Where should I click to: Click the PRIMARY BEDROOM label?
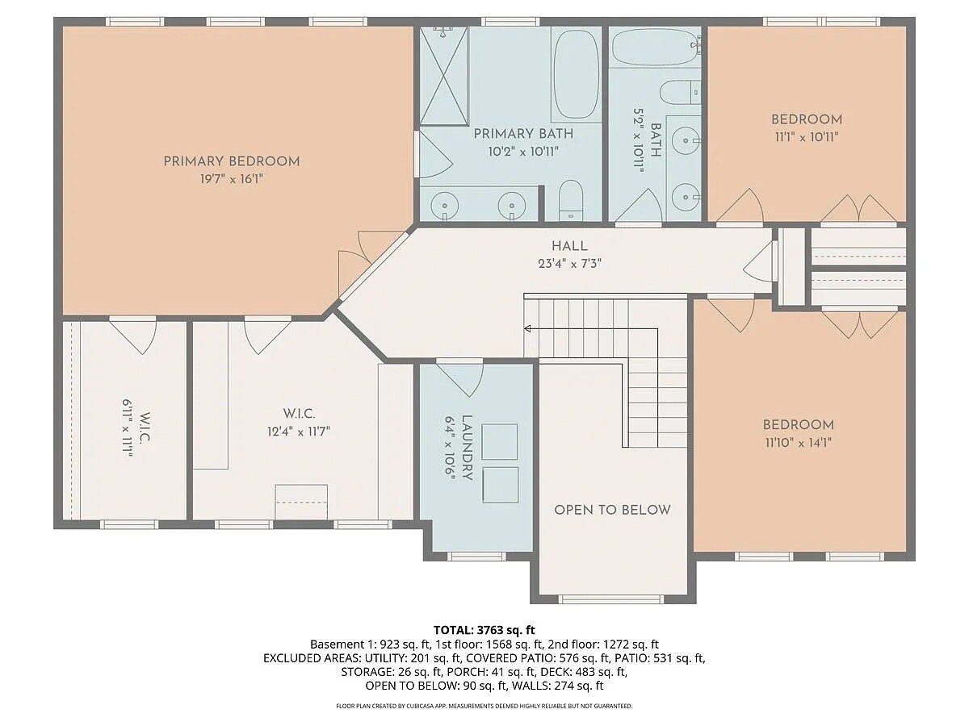pos(231,161)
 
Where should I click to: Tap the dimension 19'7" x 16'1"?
pos(231,179)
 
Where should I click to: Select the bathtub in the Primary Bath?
pos(576,74)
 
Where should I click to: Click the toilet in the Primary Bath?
pos(571,200)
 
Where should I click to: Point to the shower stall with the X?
pos(444,76)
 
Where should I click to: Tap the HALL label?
pos(569,246)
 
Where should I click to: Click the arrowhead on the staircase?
pos(527,328)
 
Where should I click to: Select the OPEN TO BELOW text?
pos(612,510)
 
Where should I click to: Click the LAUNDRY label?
pos(467,449)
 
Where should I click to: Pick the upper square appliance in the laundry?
pos(500,440)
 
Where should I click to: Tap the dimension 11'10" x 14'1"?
pos(798,442)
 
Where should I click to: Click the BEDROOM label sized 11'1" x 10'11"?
pos(806,119)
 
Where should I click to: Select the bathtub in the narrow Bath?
pos(655,48)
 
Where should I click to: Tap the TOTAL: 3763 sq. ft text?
pos(484,629)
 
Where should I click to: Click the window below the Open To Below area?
pos(611,599)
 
